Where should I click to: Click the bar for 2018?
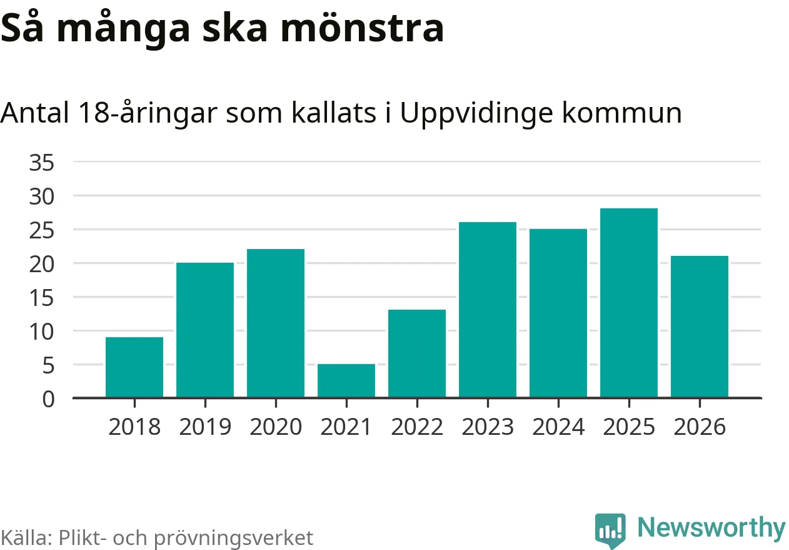134,367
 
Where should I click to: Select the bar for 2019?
205,330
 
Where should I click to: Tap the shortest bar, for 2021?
346,380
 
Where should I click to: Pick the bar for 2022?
417,354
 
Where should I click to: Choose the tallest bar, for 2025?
629,303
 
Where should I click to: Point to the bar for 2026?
700,327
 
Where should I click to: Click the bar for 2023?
488,310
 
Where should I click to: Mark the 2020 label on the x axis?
276,427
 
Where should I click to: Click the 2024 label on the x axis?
558,427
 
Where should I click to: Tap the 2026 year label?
700,427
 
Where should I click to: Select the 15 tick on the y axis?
42,298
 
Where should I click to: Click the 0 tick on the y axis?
49,399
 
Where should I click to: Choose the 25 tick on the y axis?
42,230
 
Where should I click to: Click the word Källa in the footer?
26,537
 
